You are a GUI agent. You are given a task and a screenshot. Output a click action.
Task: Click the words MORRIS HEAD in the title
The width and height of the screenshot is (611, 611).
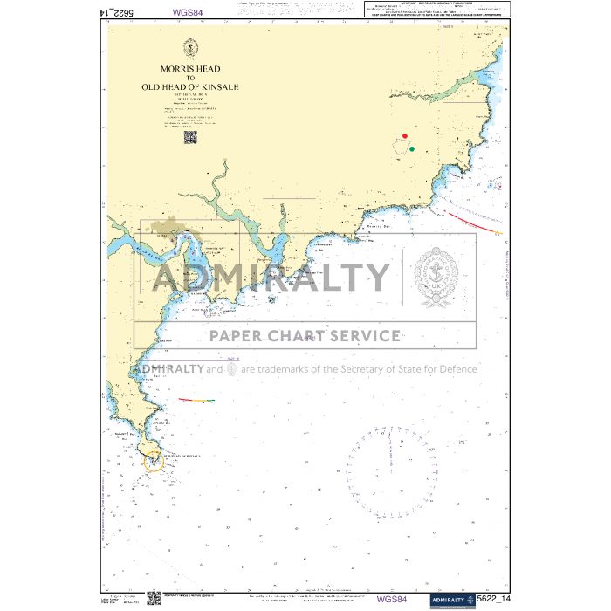click(x=189, y=68)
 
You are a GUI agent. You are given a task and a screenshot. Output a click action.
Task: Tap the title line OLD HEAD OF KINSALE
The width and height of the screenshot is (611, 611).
click(x=189, y=87)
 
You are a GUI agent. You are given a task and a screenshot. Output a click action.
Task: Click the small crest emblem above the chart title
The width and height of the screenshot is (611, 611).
click(x=189, y=47)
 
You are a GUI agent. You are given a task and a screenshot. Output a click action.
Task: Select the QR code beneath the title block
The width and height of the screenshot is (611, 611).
click(x=189, y=137)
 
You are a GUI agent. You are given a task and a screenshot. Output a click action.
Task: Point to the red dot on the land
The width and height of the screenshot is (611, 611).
click(x=405, y=136)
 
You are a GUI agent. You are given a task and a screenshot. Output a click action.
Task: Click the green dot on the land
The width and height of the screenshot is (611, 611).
click(x=411, y=149)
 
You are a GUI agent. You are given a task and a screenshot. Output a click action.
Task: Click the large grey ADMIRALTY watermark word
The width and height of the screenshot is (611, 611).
click(x=271, y=278)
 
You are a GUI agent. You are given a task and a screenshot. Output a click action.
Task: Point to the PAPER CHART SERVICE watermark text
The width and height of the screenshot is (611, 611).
click(x=304, y=336)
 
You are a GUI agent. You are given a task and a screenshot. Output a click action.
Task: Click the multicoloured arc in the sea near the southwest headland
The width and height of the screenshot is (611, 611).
click(x=196, y=400)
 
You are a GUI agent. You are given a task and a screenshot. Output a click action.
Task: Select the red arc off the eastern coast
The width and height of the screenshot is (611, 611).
click(x=471, y=220)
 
